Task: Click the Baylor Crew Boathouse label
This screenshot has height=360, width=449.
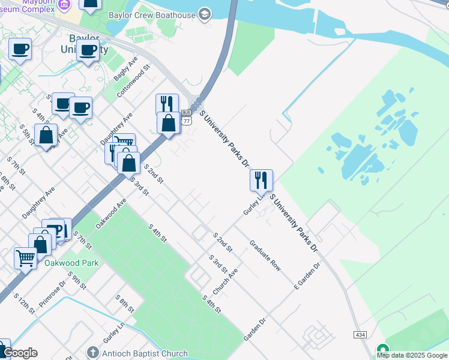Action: (x=152, y=15)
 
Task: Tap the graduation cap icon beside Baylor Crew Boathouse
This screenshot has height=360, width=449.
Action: (x=205, y=14)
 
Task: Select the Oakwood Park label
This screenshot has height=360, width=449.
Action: (x=71, y=263)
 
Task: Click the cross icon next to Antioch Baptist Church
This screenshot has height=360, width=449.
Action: (x=92, y=352)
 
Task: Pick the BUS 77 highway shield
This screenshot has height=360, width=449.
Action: (x=186, y=116)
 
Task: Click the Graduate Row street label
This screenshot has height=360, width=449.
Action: (x=265, y=256)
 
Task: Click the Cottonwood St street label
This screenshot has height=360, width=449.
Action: (x=133, y=82)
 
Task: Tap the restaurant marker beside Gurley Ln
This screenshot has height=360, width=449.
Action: (x=261, y=179)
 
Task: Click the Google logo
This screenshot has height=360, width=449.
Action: (x=20, y=353)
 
